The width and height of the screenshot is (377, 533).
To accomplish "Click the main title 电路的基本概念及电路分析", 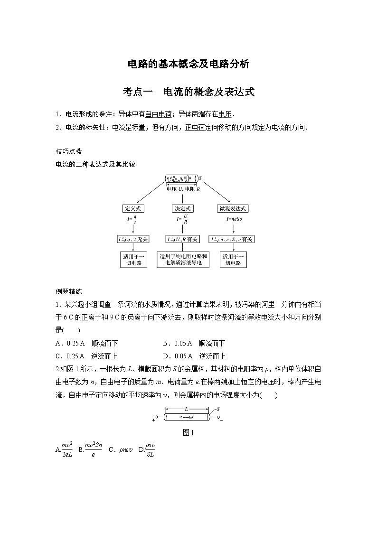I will point(188,64).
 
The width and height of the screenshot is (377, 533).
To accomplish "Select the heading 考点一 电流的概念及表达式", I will point(188,92).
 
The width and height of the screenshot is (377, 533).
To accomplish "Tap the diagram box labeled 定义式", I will point(133,208).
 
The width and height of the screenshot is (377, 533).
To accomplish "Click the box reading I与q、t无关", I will point(133,239).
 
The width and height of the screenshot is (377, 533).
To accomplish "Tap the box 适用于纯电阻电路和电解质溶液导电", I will point(183,259).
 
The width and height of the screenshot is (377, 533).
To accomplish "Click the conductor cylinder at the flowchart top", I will point(181,179).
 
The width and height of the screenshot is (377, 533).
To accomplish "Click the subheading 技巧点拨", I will point(69,151).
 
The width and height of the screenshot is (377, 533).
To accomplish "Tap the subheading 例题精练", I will point(69,291).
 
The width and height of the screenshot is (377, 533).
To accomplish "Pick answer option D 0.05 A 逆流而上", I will point(194,356).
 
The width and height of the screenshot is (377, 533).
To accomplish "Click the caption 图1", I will point(188,432).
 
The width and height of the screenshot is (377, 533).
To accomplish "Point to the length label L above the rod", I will point(186,409).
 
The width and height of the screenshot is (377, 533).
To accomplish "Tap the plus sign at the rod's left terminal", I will point(154,420).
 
